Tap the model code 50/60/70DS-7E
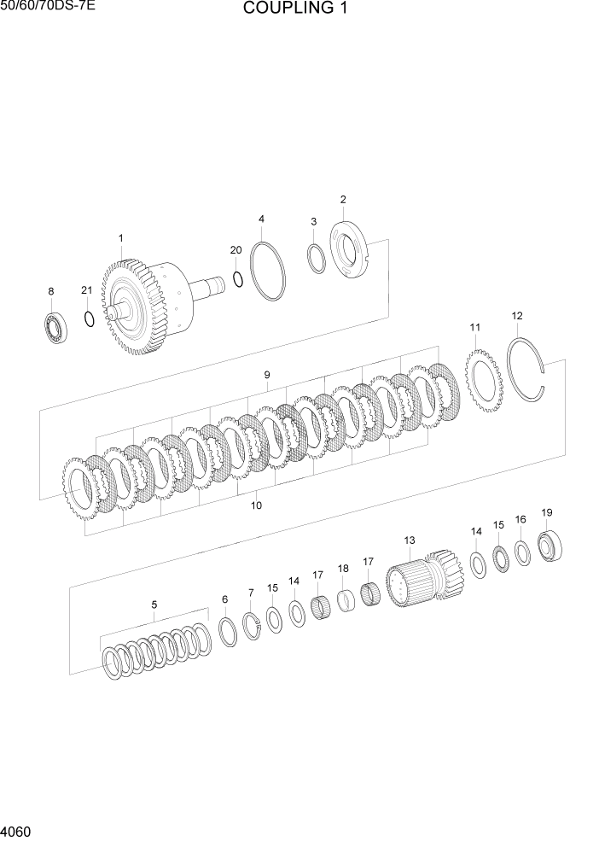pyautogui.click(x=48, y=8)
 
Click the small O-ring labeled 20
pyautogui.click(x=238, y=279)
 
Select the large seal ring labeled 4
pyautogui.click(x=268, y=271)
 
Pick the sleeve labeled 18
pyautogui.click(x=345, y=600)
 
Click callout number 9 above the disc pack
pyautogui.click(x=267, y=375)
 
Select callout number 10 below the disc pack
pyautogui.click(x=256, y=505)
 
